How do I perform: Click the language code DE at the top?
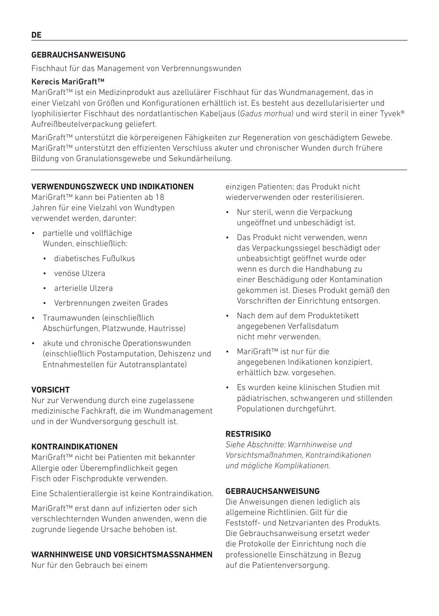point(37,35)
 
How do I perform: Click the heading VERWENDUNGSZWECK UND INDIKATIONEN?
point(113,187)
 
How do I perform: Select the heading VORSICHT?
point(51,390)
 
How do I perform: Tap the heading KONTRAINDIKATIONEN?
point(75,447)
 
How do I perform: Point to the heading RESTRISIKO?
point(248,434)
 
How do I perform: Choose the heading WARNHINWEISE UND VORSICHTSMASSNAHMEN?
point(122,555)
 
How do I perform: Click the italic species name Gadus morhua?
point(266,114)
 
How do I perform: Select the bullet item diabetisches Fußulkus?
point(94,259)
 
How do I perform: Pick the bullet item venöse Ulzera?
point(80,273)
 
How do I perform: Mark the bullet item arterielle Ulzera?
point(83,288)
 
